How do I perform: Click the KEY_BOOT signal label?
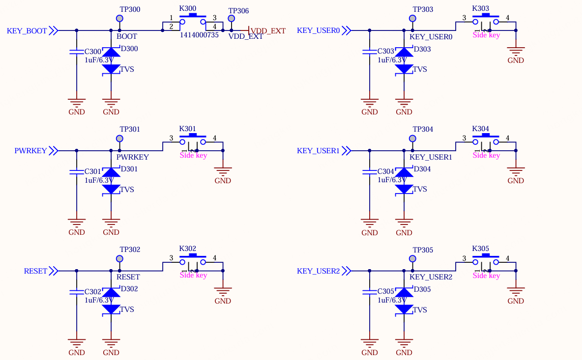pos(27,31)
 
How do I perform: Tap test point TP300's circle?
pos(119,18)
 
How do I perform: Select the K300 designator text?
pos(187,8)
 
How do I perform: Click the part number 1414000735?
pos(199,35)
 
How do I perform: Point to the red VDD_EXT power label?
pos(268,31)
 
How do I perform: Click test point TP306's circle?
pos(231,18)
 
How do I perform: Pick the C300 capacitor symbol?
pos(77,52)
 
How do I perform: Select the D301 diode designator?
pos(129,169)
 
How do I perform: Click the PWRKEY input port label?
pos(30,151)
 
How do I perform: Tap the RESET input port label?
pos(35,271)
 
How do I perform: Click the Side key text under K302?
pos(193,275)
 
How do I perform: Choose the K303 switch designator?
pos(480,8)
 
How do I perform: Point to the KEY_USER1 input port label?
pos(318,151)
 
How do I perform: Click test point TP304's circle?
pos(412,138)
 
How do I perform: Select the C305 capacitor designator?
pos(386,291)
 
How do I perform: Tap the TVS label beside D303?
pos(420,69)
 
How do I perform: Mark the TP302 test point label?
pos(130,249)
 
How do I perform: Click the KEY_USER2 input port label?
pos(318,271)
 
